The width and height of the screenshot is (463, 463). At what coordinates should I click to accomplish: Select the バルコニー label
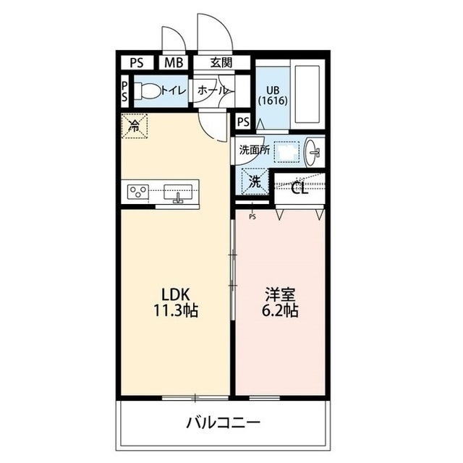(x=223, y=422)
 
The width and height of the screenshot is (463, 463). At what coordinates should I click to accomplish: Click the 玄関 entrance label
(x=221, y=63)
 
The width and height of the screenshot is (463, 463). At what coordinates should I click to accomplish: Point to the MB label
(x=173, y=63)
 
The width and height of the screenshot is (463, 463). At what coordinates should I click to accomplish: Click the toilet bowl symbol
(x=149, y=91)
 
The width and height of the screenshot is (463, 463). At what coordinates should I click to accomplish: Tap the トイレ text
(x=173, y=91)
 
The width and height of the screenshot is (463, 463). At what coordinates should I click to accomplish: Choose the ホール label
(x=213, y=91)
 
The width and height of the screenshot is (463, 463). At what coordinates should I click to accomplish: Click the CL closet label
(x=299, y=189)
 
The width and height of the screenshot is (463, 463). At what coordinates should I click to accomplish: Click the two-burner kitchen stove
(x=137, y=192)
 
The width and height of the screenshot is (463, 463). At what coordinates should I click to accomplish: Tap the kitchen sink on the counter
(x=178, y=192)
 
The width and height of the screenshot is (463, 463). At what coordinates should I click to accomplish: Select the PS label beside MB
(x=137, y=63)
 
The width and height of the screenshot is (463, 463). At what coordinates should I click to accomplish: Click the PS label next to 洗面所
(x=243, y=122)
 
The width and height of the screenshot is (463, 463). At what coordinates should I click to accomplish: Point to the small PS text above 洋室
(x=252, y=216)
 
